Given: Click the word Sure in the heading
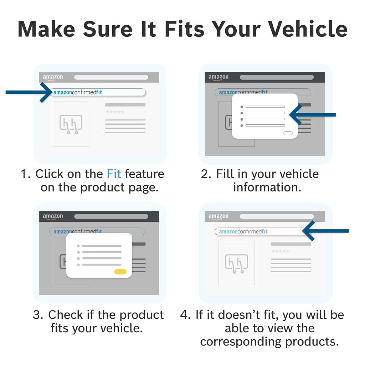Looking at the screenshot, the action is (108, 29).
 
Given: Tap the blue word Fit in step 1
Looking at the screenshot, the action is (114, 174).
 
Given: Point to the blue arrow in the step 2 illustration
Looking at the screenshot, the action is (312, 114).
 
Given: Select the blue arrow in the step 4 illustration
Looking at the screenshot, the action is (325, 231).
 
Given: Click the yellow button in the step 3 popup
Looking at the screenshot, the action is (120, 272).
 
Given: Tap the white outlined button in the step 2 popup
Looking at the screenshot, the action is (288, 133).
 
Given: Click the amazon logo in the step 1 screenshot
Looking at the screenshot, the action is (53, 77).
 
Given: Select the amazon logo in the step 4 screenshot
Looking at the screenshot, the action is (219, 216).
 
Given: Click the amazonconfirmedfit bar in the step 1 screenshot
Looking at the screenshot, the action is (98, 92).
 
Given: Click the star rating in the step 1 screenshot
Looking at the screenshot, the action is (115, 112).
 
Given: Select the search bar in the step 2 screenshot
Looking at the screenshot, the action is (277, 77).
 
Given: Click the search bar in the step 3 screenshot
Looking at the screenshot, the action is (111, 216).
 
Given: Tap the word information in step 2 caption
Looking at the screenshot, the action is (267, 187).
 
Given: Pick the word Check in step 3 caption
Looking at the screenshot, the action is (66, 315).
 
